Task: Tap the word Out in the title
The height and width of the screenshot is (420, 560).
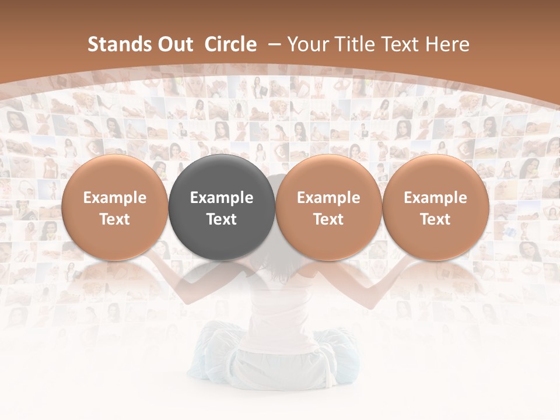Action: pos(174,44)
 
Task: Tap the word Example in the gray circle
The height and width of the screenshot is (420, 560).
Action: pos(222,198)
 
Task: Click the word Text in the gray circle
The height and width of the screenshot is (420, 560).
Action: pos(222,219)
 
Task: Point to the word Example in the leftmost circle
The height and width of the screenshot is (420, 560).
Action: pos(114,198)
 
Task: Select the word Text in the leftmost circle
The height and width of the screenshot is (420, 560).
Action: pos(114,219)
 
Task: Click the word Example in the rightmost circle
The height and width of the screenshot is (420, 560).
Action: pos(435,198)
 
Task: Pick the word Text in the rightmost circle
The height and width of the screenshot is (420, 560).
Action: pos(435,219)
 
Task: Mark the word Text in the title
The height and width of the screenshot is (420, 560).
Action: pos(404,44)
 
